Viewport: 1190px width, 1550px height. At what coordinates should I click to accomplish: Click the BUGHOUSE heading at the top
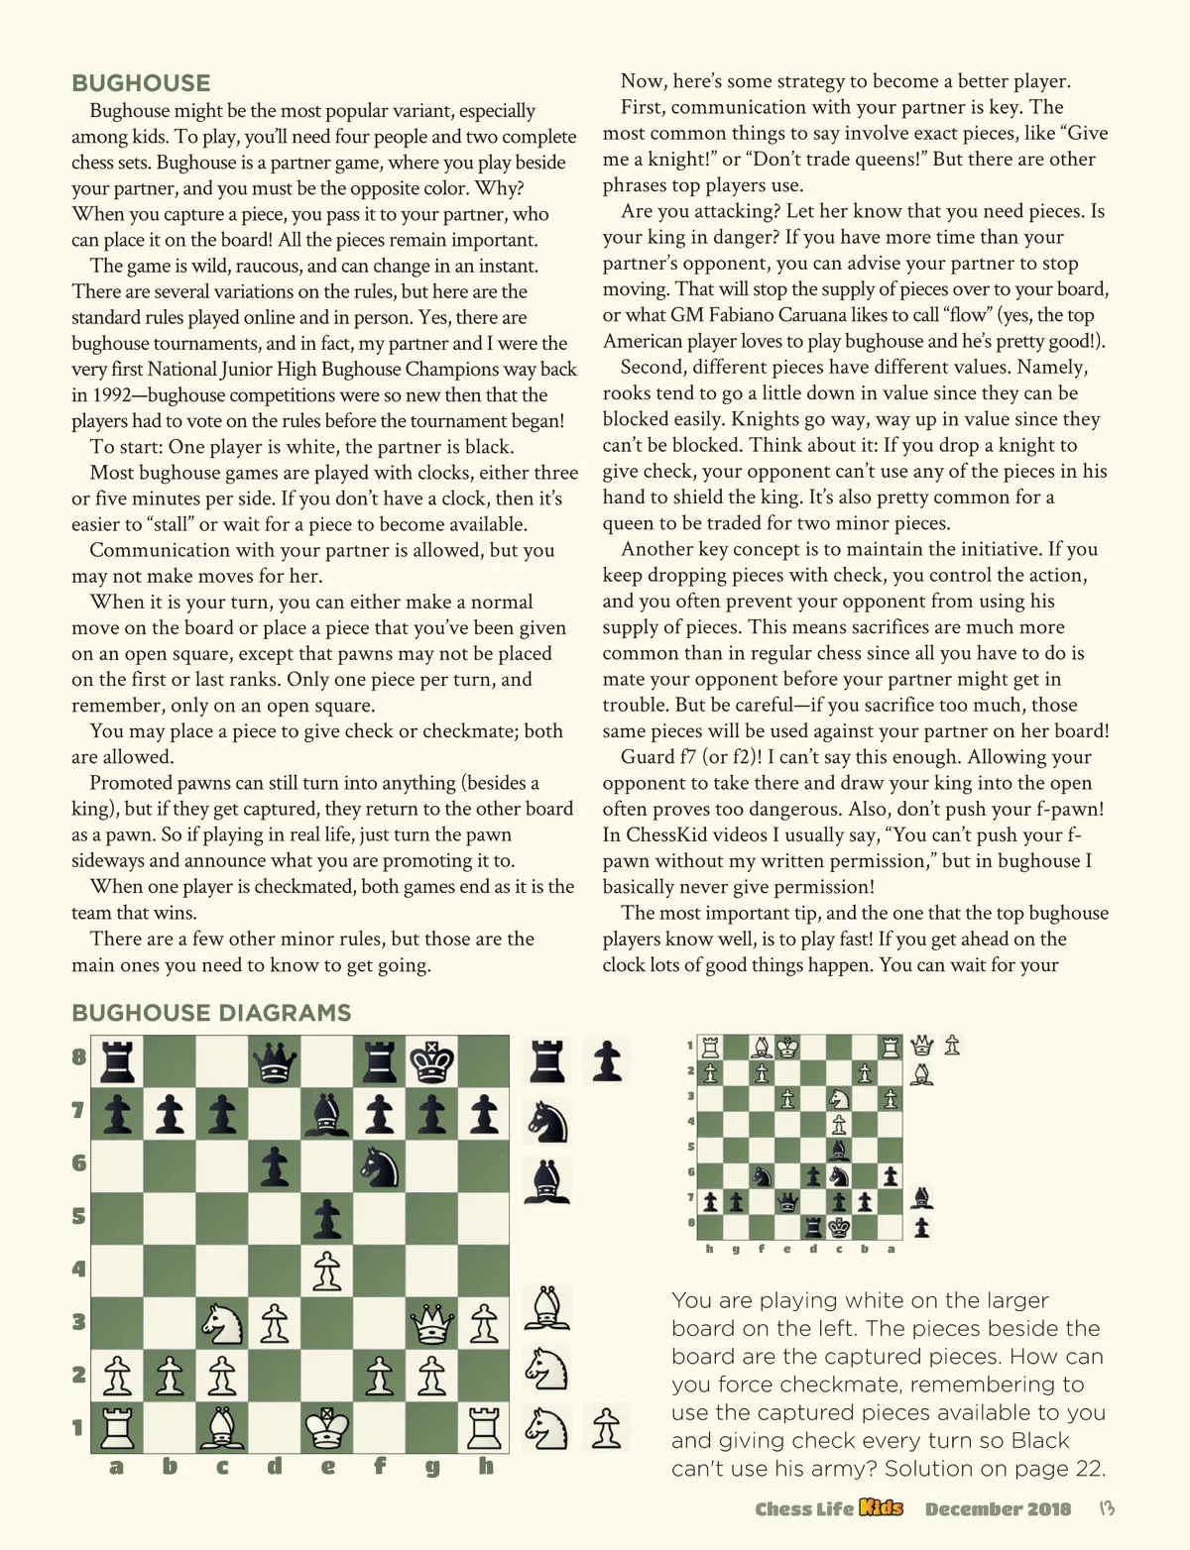point(141,83)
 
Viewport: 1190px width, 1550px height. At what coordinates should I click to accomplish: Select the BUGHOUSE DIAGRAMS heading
point(211,1013)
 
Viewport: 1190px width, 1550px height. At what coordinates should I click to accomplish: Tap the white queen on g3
point(431,1321)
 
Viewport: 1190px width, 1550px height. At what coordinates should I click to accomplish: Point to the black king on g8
point(431,1062)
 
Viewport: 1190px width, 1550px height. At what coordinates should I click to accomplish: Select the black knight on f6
point(379,1165)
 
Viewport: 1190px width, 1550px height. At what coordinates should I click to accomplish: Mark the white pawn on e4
point(326,1270)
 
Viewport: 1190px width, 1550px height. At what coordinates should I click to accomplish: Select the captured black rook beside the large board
point(546,1061)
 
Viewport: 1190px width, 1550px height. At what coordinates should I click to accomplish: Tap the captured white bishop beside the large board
point(543,1309)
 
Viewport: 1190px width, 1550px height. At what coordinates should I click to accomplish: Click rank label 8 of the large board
point(78,1056)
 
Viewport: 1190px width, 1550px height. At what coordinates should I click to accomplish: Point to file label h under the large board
point(485,1467)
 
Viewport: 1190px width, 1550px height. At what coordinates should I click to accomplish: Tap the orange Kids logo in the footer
point(881,1508)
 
